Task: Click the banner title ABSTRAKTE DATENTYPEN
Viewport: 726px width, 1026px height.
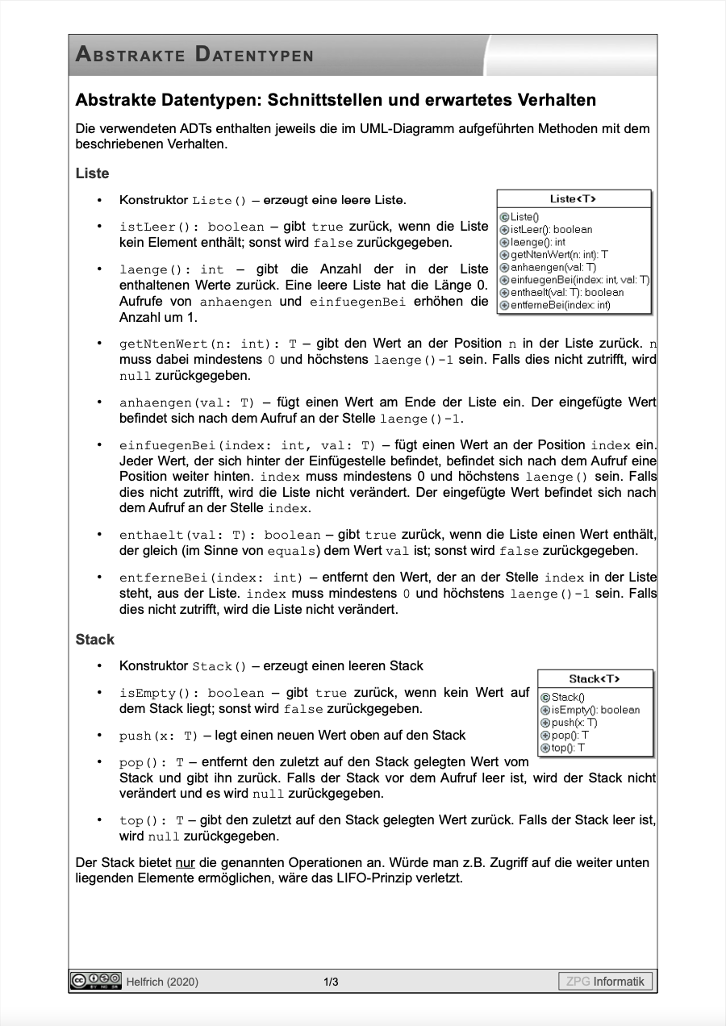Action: [x=194, y=55]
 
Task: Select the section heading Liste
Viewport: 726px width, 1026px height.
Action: [x=92, y=173]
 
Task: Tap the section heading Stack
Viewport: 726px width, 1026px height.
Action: [x=95, y=640]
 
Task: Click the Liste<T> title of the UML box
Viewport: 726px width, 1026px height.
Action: [x=574, y=199]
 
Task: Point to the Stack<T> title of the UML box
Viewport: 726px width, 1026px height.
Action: [x=595, y=679]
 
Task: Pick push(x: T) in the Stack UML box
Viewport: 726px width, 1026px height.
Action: [x=574, y=723]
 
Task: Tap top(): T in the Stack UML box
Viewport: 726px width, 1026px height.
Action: [x=568, y=748]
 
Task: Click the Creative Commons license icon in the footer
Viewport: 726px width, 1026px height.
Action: [x=95, y=980]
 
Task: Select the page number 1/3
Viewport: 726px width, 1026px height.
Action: [x=331, y=982]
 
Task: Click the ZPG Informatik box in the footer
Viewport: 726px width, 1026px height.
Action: [x=605, y=982]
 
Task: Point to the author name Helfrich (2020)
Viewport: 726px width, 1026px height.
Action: [x=162, y=982]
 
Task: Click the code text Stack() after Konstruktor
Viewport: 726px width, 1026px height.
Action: [x=219, y=666]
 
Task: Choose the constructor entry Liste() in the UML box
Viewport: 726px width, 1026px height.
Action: [x=525, y=217]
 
